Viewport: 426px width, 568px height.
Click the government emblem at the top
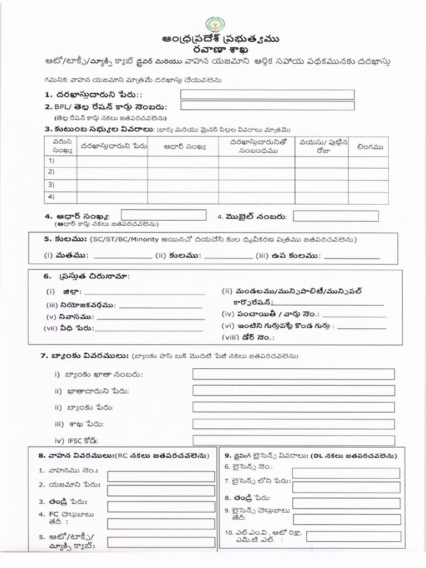[x=214, y=25]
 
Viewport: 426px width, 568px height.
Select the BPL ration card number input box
[x=267, y=105]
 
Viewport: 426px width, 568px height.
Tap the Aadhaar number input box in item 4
[x=157, y=215]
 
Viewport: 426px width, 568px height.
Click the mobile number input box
[x=336, y=216]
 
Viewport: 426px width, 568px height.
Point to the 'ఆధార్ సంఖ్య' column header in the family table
[x=185, y=147]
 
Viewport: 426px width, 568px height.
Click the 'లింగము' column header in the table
[x=367, y=147]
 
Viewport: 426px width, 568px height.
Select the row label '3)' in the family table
[x=52, y=185]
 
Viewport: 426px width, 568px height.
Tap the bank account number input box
[x=293, y=374]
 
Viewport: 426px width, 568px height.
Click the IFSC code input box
[x=293, y=440]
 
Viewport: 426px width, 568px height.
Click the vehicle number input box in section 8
[x=161, y=476]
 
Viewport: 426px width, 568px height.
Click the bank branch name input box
[x=293, y=424]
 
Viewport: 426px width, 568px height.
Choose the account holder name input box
[x=293, y=391]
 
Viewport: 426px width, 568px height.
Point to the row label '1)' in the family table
[x=52, y=161]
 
